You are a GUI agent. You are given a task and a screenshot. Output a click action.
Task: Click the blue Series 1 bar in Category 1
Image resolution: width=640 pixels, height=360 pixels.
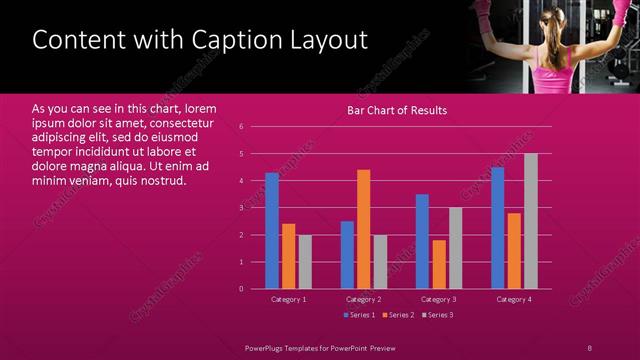click(x=272, y=231)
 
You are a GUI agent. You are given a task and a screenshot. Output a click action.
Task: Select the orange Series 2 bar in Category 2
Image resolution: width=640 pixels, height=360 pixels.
click(x=363, y=229)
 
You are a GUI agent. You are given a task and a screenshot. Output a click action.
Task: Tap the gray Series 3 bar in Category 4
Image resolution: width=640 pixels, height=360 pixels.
click(x=530, y=221)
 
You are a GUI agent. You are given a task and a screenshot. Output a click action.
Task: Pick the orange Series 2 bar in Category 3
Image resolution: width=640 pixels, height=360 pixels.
click(x=438, y=264)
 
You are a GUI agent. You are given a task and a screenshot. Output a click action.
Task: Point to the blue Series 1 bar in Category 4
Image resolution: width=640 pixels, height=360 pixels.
click(x=497, y=228)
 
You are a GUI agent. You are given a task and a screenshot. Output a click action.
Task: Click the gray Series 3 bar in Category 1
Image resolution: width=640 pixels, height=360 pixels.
click(x=305, y=262)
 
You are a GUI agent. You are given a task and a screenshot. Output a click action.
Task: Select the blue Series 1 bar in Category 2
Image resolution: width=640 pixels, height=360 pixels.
click(x=347, y=255)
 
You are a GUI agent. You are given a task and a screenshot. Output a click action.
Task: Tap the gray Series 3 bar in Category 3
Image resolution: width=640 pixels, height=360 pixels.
click(x=455, y=248)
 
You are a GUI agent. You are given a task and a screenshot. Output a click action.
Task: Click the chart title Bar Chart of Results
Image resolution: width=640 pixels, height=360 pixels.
click(x=397, y=110)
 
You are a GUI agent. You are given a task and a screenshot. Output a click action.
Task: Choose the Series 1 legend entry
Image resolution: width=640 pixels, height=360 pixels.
click(x=360, y=315)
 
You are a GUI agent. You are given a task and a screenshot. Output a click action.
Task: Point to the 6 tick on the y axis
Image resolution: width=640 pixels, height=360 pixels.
click(x=241, y=127)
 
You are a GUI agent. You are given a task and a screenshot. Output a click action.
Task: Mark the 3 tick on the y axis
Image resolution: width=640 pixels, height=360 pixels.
click(x=241, y=208)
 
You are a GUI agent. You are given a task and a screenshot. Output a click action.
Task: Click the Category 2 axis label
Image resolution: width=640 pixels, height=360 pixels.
click(x=363, y=299)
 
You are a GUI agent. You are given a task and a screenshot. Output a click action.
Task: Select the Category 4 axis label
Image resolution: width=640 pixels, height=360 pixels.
click(x=514, y=299)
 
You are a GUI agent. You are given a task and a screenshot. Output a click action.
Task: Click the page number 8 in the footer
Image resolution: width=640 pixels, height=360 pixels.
click(x=589, y=347)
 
